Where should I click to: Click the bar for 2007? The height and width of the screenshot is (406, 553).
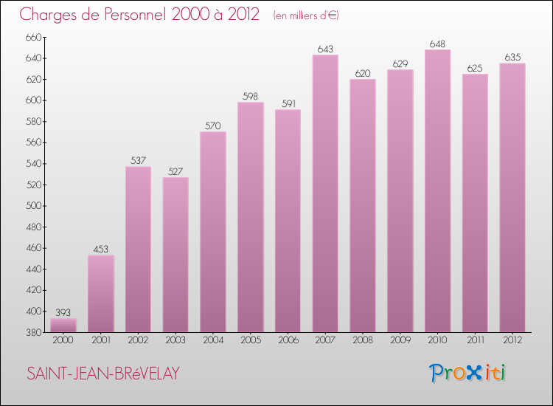click(325, 193)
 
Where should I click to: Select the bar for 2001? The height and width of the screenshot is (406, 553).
click(101, 294)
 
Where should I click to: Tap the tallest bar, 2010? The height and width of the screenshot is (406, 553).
click(437, 191)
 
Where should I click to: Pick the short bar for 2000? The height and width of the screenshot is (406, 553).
click(63, 326)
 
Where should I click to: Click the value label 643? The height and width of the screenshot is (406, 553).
click(325, 49)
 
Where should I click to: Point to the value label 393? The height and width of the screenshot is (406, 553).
click(63, 312)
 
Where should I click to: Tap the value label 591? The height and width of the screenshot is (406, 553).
click(288, 104)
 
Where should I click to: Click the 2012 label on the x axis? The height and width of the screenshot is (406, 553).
click(512, 340)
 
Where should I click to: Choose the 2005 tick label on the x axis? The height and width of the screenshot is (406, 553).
click(251, 340)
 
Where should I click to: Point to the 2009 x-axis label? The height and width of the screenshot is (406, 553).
click(400, 340)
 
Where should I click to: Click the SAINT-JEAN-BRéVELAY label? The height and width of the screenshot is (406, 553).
click(103, 374)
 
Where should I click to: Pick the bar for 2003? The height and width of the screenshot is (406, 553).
click(175, 255)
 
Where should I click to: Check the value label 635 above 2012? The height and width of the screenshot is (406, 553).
click(512, 57)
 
